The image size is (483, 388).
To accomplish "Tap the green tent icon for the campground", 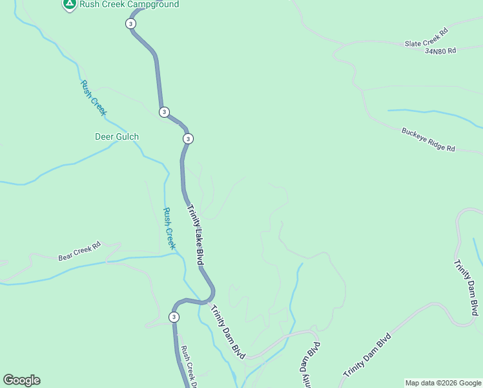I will (x=69, y=4).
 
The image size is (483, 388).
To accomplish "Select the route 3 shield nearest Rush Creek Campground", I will (x=130, y=23).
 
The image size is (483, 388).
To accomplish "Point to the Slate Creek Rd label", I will (x=426, y=38).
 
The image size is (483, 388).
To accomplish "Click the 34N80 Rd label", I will (x=440, y=50).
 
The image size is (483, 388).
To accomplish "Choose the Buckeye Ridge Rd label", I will (x=428, y=139).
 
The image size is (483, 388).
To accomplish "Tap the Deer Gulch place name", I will (x=117, y=136).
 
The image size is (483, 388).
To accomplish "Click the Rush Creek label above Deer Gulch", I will (x=93, y=98).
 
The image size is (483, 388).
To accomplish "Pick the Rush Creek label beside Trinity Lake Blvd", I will (x=169, y=228).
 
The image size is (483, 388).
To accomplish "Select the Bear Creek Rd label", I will (x=80, y=251).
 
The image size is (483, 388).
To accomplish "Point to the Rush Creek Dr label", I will (x=189, y=367).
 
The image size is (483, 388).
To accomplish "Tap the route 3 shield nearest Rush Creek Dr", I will (x=174, y=317).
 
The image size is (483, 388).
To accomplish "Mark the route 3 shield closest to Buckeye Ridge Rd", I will (x=188, y=139).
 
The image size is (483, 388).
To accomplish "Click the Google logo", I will (x=21, y=380).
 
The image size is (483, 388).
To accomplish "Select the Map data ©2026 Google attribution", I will (x=442, y=383).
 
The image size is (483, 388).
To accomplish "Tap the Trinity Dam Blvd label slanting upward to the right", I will (x=367, y=356).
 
